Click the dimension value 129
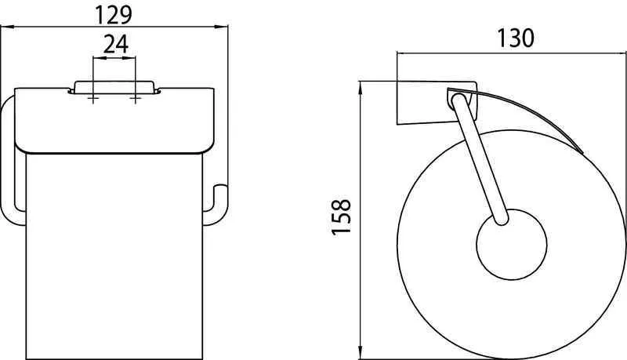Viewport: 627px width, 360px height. [x=113, y=14]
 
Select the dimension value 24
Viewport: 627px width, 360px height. [x=116, y=44]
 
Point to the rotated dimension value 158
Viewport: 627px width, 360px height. [x=341, y=216]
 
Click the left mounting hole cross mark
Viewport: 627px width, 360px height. [x=93, y=98]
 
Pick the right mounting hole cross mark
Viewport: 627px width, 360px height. [x=136, y=98]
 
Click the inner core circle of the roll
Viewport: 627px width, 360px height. [x=512, y=245]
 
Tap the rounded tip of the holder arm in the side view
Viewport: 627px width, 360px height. [x=502, y=219]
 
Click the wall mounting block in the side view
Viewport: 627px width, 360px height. [x=437, y=103]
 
